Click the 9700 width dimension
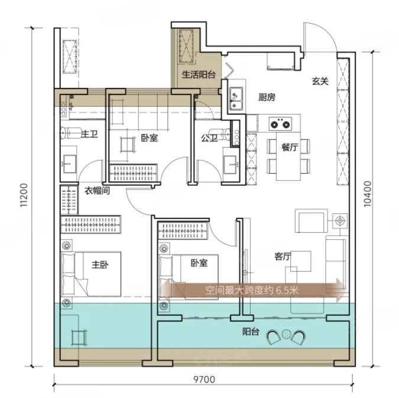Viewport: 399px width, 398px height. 204,380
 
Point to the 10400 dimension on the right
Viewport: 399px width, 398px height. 368,194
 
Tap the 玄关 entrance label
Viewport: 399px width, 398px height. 320,81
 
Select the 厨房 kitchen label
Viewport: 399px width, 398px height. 267,97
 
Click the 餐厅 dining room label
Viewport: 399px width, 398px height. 290,147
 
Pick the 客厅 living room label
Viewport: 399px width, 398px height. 283,256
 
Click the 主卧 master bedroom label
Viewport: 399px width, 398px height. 100,265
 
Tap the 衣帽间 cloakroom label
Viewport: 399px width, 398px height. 97,191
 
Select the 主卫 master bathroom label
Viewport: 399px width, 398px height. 90,134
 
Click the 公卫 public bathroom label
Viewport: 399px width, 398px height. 209,138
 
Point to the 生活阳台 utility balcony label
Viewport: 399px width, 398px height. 199,75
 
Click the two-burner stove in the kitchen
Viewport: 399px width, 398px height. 280,124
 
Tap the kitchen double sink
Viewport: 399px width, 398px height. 236,99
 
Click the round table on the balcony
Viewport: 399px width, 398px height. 287,334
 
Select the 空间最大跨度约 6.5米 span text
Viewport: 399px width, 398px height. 252,291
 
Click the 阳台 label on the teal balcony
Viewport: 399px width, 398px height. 251,332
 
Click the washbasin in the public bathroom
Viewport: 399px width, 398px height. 231,165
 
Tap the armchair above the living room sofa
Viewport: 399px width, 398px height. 312,221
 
